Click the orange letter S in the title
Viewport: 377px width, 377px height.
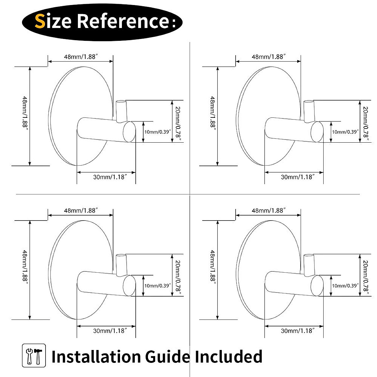tap(40, 21)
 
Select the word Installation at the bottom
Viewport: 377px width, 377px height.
tap(96, 357)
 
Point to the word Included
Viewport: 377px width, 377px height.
tap(228, 357)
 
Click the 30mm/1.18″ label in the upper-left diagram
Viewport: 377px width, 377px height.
tap(110, 177)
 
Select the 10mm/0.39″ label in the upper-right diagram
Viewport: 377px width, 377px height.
tap(345, 132)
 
